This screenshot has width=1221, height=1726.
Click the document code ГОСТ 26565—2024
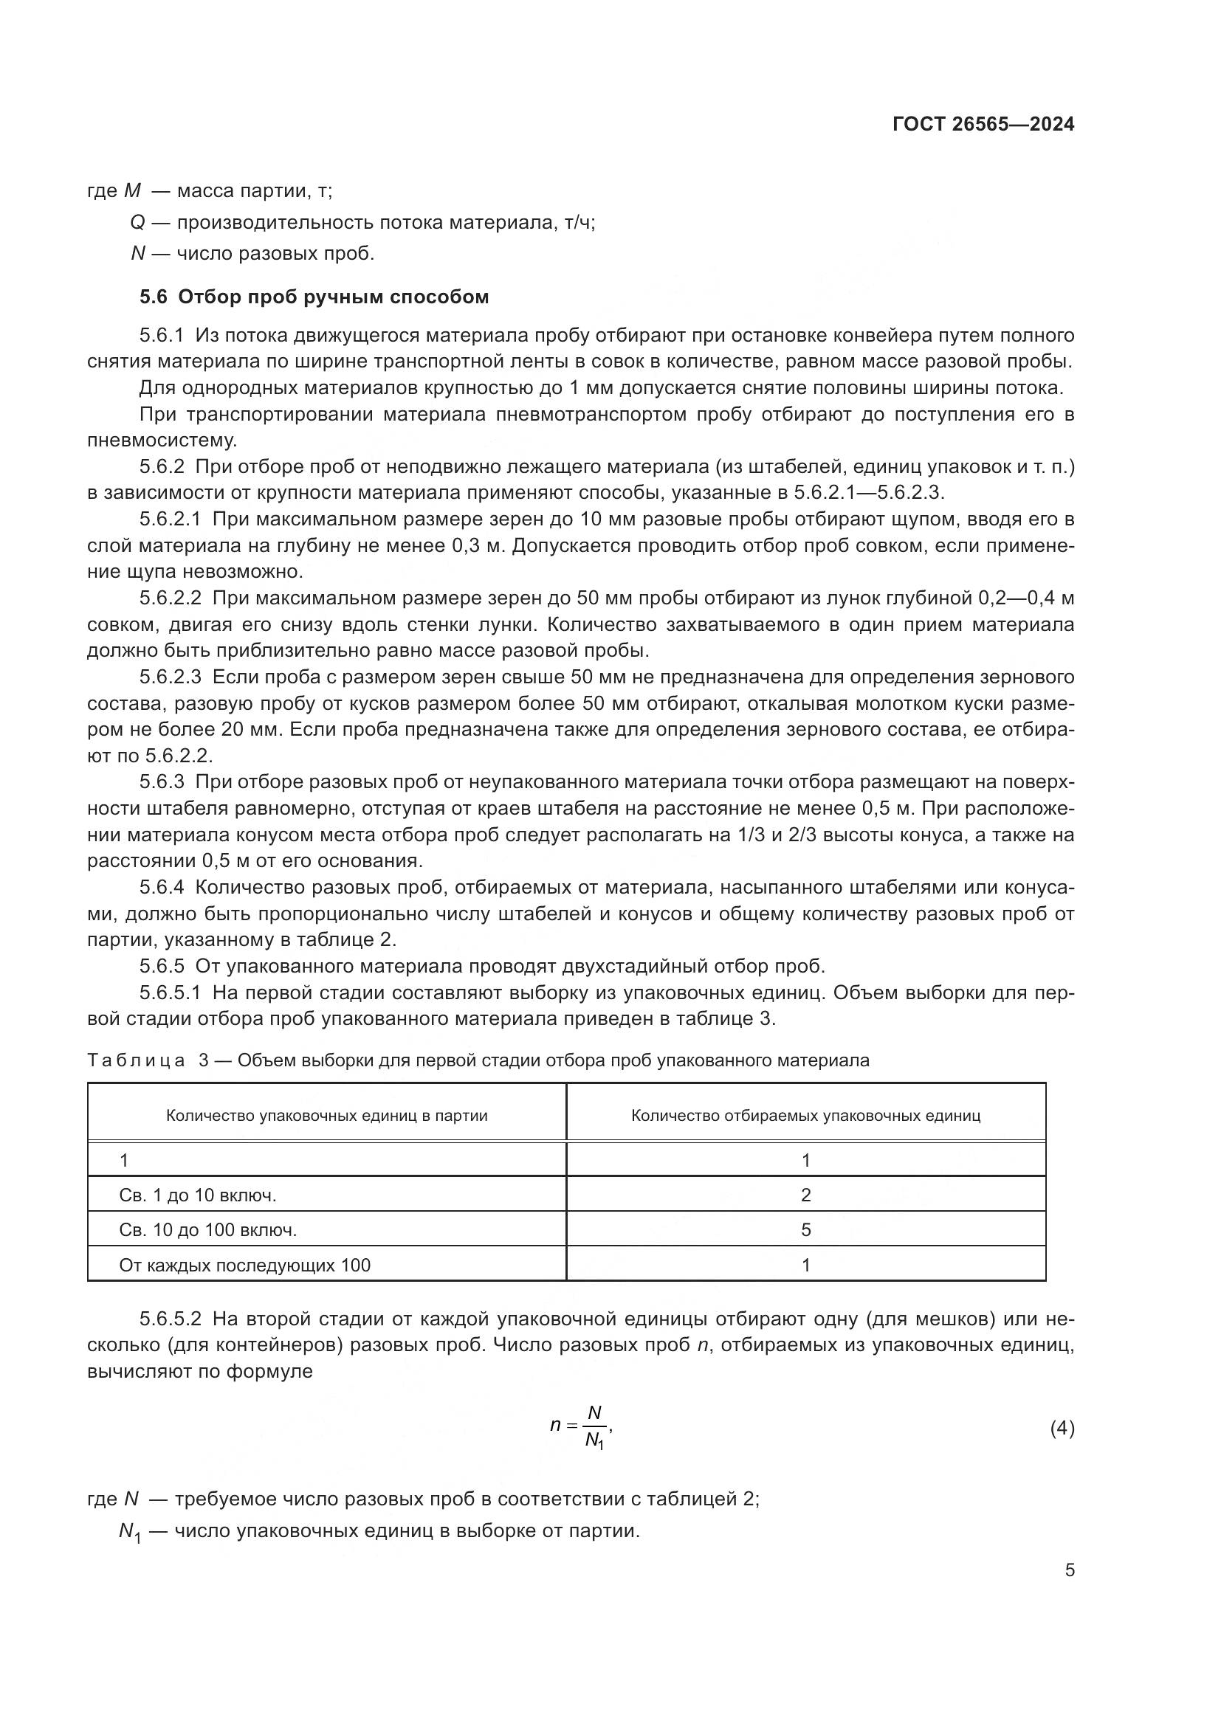click(x=983, y=125)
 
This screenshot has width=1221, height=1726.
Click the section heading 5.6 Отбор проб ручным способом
click(x=314, y=297)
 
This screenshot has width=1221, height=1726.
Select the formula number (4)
click(x=1062, y=1429)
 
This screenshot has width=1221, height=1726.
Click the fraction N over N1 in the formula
click(x=595, y=1427)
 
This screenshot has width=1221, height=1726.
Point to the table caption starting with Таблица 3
click(x=478, y=1060)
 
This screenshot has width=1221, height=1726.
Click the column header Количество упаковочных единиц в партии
click(x=326, y=1116)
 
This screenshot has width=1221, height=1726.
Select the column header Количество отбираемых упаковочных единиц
click(x=805, y=1116)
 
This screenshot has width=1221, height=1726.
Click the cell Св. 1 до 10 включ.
click(x=198, y=1195)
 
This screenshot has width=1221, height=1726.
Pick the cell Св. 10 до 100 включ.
click(x=207, y=1230)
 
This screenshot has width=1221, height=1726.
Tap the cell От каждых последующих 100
click(x=244, y=1266)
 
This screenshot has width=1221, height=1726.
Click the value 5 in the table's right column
click(x=806, y=1230)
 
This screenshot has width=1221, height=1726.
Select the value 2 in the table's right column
click(x=806, y=1195)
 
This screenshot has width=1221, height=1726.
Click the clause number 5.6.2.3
click(x=170, y=677)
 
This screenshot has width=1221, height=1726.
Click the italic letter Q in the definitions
click(x=137, y=224)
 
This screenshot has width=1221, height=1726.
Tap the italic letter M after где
click(x=131, y=191)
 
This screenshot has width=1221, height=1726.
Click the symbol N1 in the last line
click(x=130, y=1532)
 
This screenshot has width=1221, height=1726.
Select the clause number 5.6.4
click(x=161, y=888)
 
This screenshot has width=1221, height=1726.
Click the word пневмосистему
click(x=162, y=441)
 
